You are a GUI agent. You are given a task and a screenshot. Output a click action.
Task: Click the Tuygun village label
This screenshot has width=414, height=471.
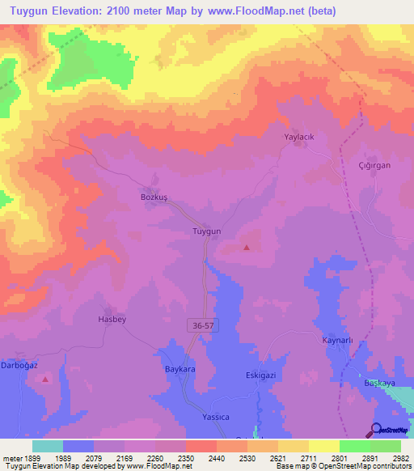206,231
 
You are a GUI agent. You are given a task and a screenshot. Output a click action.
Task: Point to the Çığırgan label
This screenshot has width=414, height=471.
374,165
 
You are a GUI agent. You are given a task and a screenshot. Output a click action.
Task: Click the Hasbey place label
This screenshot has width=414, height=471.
112,319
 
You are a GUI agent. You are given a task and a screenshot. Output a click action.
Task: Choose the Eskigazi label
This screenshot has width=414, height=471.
261,376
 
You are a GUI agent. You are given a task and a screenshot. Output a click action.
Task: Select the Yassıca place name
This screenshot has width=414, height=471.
217,415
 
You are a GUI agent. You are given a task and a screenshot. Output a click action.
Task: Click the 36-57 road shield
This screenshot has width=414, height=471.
205,325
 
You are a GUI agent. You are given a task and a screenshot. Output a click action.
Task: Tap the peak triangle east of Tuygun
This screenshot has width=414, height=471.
247,248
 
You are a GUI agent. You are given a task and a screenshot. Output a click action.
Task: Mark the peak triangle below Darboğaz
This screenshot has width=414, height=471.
46,379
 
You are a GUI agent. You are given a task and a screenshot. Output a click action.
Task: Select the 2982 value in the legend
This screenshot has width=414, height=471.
400,458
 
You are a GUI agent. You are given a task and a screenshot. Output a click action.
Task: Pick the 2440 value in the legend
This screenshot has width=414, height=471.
216,458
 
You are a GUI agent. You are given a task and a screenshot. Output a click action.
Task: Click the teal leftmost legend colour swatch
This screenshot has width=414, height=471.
48,446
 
